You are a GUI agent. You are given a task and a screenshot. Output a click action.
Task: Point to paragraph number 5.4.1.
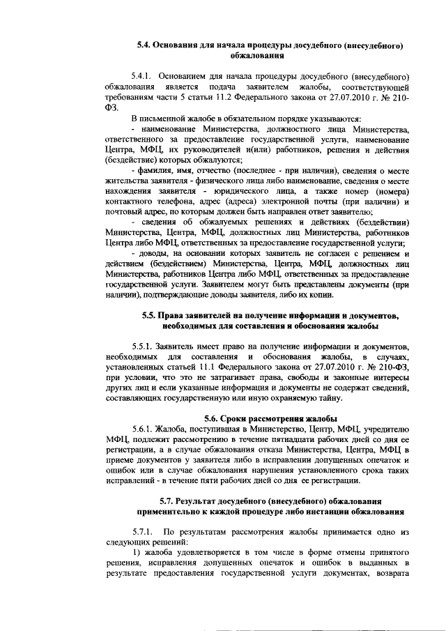pos(143,75)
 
